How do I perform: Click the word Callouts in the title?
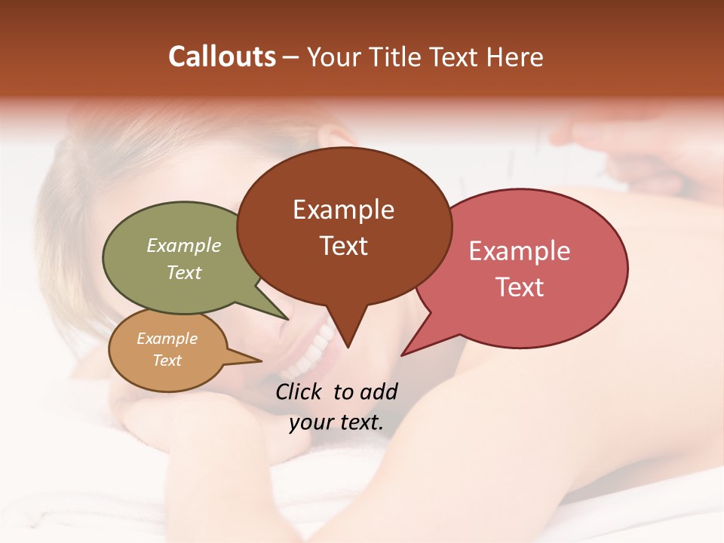[x=222, y=57]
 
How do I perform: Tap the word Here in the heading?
[x=514, y=57]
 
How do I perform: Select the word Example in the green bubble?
[x=184, y=245]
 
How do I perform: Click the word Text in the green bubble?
[x=184, y=272]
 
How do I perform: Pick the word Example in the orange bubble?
[x=167, y=339]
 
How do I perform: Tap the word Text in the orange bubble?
[x=167, y=360]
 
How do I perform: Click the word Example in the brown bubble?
[x=343, y=210]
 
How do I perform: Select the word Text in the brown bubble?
[x=343, y=246]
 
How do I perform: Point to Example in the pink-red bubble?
[x=520, y=251]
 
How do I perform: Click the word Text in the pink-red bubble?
[x=520, y=287]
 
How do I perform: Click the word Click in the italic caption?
[x=300, y=392]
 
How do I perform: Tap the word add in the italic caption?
[x=379, y=392]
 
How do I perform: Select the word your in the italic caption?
[x=310, y=423]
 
